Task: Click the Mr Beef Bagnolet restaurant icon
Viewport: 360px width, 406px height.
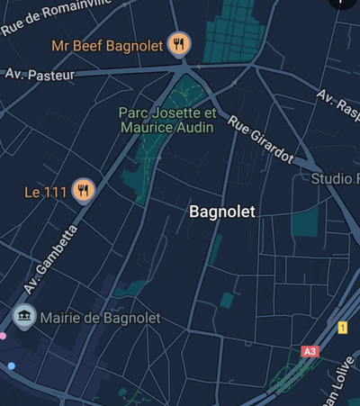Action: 180,42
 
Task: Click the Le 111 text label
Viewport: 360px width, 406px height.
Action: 46,191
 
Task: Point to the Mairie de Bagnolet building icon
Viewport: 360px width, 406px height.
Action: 23,317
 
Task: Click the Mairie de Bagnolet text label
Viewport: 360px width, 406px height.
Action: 100,318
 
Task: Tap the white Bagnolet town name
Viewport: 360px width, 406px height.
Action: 222,212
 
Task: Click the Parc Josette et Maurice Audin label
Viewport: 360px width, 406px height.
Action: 166,121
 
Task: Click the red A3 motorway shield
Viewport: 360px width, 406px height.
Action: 310,351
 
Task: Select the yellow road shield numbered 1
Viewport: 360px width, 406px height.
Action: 342,328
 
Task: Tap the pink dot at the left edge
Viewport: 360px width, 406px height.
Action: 3,336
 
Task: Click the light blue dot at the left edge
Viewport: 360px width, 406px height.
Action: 11,365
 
